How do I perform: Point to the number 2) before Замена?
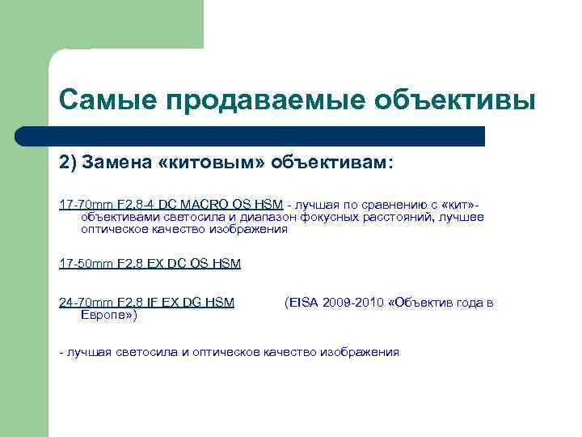click(x=68, y=162)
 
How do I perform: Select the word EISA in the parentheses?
click(x=302, y=303)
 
